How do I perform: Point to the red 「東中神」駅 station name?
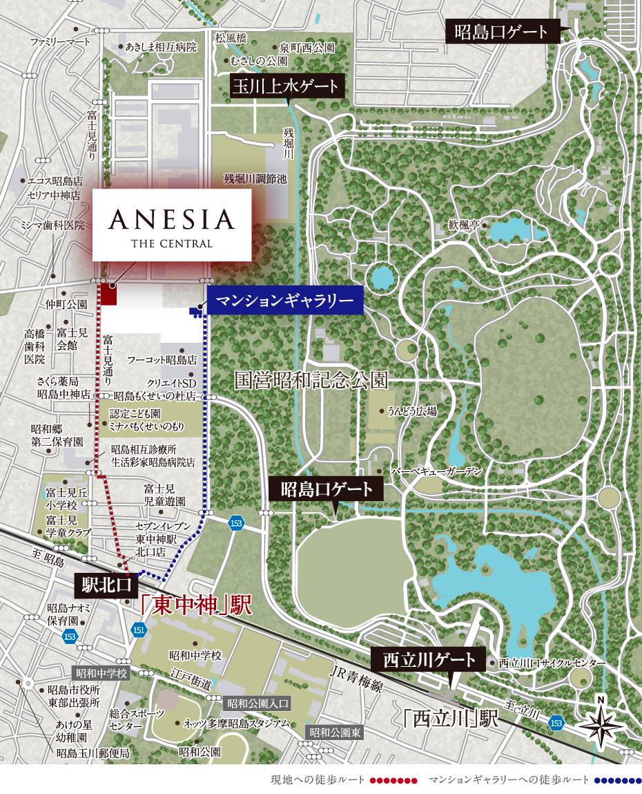[x=193, y=606]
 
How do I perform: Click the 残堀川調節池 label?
[x=255, y=178]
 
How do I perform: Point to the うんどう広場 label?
[x=412, y=411]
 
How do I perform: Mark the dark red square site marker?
[x=109, y=294]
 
